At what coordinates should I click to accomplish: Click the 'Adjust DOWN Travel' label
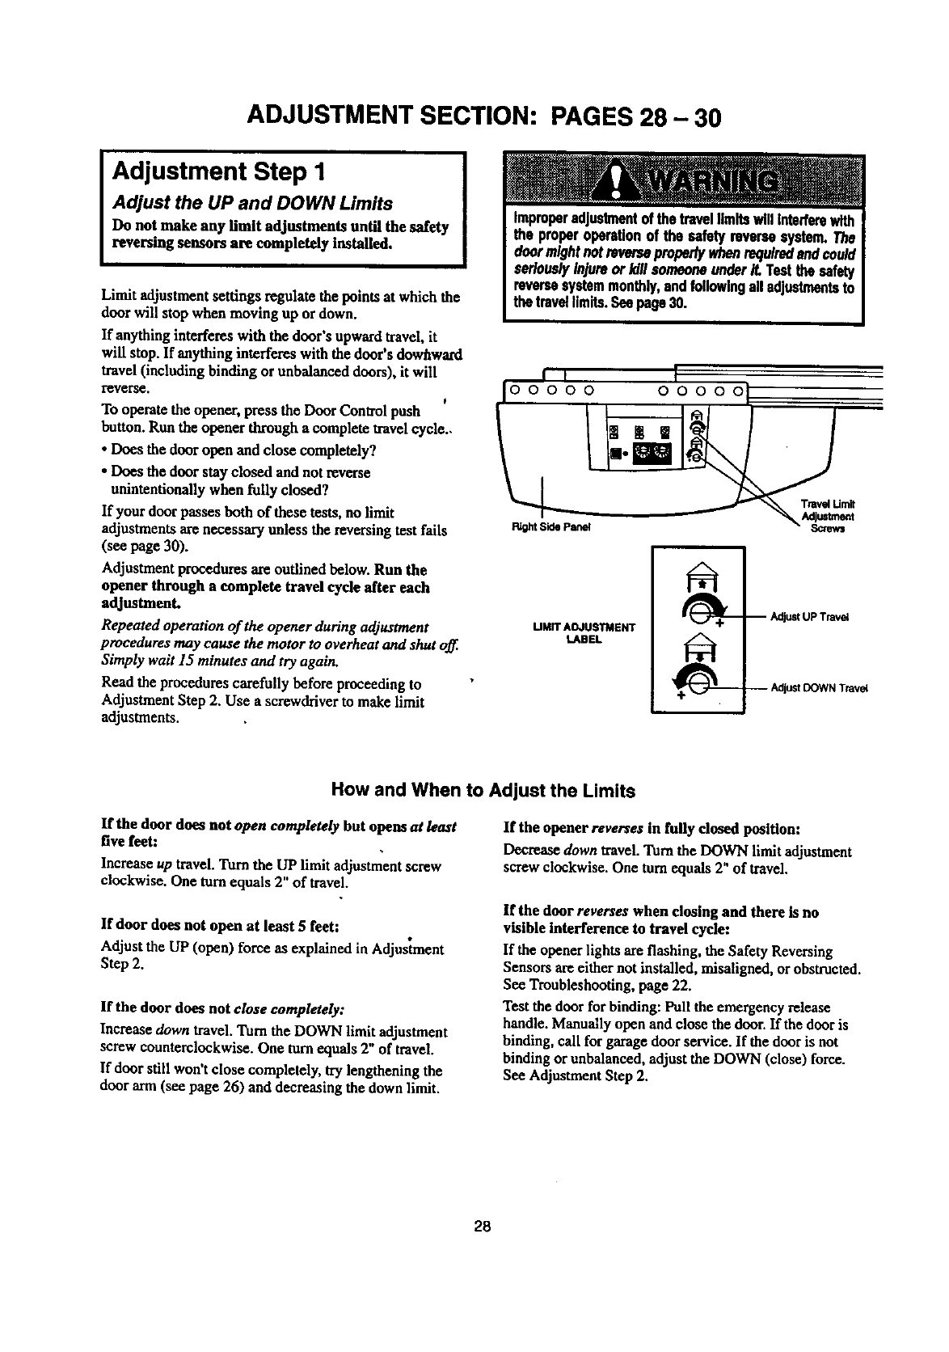coord(818,688)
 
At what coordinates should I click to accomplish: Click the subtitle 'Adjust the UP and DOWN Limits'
coord(252,203)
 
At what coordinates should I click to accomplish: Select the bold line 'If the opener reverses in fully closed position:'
coord(652,829)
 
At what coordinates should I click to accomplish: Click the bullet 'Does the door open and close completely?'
coord(240,450)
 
